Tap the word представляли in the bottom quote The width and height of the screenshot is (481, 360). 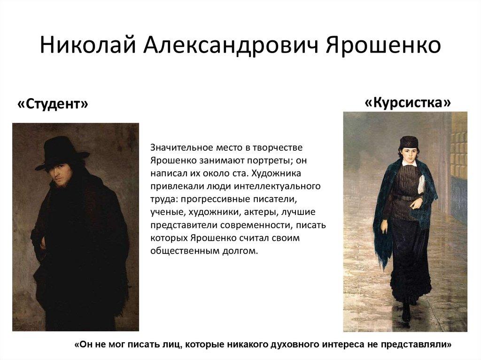pos(414,344)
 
